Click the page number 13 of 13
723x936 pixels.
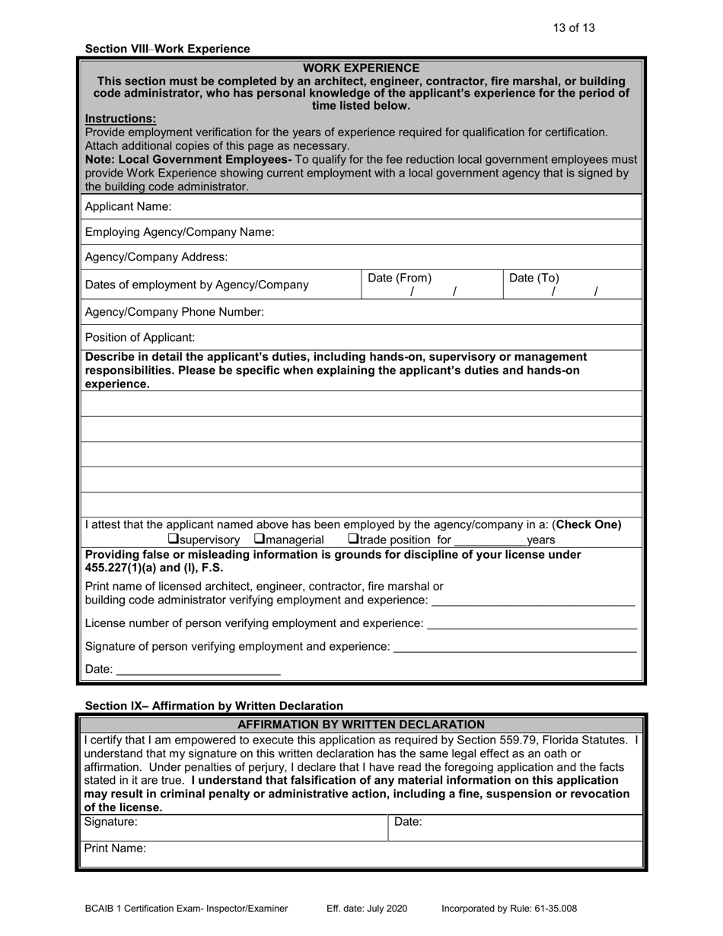(x=574, y=28)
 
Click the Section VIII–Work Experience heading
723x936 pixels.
(x=167, y=49)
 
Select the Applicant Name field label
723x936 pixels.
(x=128, y=206)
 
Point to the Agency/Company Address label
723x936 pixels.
(x=156, y=257)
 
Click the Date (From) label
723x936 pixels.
(x=400, y=279)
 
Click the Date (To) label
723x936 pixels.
(x=533, y=279)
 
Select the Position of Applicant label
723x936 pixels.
(x=140, y=337)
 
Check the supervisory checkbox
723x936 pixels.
(x=173, y=540)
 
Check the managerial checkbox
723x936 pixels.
(x=260, y=540)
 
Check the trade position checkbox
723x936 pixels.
(x=352, y=540)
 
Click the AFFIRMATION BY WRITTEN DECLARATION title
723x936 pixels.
(x=361, y=724)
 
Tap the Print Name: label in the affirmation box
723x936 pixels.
(x=115, y=848)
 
